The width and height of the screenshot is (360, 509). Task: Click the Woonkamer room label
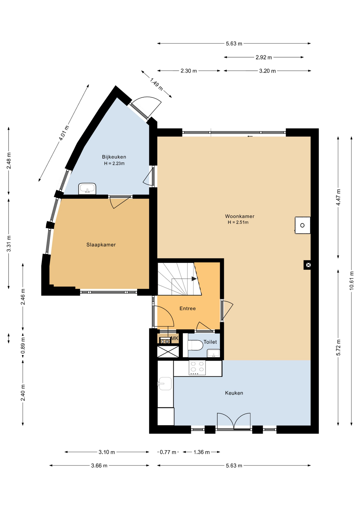point(240,216)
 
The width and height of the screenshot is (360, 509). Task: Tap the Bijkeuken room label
point(114,157)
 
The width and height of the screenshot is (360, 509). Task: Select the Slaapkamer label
point(101,245)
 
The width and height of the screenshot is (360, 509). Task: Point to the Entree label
point(187,308)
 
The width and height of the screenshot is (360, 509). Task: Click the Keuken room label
point(234,393)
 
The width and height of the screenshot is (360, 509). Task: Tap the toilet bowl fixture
point(195,345)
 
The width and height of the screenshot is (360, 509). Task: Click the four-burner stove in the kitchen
point(197,368)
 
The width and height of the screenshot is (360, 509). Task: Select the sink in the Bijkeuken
point(87,189)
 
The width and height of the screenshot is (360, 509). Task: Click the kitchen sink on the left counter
point(165,384)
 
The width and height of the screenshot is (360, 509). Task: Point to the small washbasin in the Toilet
point(213,353)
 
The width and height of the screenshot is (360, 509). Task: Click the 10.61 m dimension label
point(352,280)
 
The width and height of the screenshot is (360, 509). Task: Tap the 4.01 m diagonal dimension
point(64,133)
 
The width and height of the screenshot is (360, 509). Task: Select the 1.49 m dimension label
point(156,84)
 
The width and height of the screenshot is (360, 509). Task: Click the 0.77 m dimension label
point(168,452)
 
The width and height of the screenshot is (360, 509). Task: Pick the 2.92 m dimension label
point(264,57)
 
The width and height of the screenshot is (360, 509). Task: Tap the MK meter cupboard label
point(174,338)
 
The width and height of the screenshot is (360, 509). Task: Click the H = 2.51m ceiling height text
point(238,222)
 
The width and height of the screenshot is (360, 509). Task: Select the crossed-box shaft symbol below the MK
point(168,352)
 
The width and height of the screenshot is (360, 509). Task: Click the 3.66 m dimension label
point(99,466)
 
